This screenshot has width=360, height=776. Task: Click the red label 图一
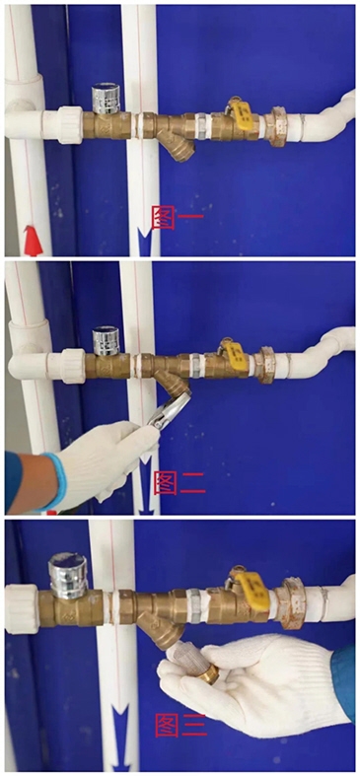click(x=178, y=218)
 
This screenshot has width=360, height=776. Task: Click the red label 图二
click(x=180, y=483)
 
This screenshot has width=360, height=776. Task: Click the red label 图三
click(x=180, y=725)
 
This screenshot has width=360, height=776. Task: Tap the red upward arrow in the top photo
click(x=34, y=241)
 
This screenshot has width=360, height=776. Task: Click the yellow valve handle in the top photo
click(x=241, y=114)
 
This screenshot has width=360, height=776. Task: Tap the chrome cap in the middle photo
click(x=107, y=341)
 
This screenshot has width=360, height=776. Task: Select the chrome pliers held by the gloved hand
click(x=169, y=411)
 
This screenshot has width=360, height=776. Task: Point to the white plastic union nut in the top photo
click(x=70, y=125)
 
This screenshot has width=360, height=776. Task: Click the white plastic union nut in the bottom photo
click(x=22, y=608)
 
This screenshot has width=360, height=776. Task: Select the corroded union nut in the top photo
click(x=275, y=127)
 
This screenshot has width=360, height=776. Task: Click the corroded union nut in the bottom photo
click(x=291, y=603)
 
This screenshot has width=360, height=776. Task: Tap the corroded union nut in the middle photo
click(x=266, y=365)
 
